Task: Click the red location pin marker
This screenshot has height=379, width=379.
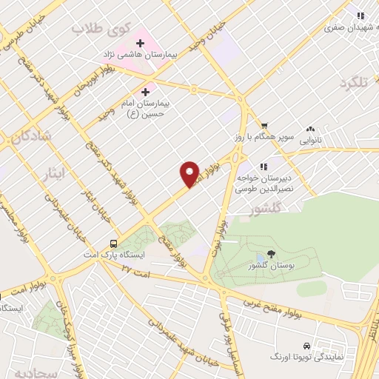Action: pyautogui.click(x=190, y=174)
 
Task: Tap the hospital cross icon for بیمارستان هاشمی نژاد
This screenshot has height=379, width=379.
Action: pyautogui.click(x=140, y=43)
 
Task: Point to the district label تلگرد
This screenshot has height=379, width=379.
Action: pyautogui.click(x=352, y=83)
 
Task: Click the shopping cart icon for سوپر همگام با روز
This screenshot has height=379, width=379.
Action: pyautogui.click(x=264, y=125)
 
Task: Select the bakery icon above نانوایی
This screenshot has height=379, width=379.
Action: pyautogui.click(x=310, y=129)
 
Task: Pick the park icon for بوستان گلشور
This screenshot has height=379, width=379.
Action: pyautogui.click(x=272, y=255)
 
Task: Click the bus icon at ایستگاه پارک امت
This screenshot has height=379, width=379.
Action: pyautogui.click(x=113, y=243)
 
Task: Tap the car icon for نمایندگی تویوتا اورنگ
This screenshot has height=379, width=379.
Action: pyautogui.click(x=306, y=346)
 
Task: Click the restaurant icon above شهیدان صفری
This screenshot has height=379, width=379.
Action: pyautogui.click(x=360, y=16)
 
